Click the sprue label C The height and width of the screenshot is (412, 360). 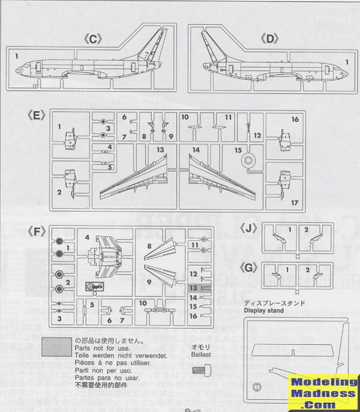[93, 40]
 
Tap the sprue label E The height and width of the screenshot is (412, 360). [37, 115]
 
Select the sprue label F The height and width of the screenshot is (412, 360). [37, 231]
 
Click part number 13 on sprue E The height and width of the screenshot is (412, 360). [160, 149]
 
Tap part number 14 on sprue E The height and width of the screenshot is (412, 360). [196, 149]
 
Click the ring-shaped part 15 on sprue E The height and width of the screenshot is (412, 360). [247, 161]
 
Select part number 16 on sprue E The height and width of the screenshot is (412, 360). [295, 120]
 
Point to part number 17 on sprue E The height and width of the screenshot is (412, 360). [295, 202]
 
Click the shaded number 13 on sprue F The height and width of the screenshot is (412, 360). [193, 288]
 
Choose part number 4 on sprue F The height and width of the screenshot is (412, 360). [88, 237]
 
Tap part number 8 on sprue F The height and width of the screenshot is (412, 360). [148, 246]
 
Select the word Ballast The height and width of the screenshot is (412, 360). [199, 354]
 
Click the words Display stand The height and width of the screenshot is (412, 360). [265, 311]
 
